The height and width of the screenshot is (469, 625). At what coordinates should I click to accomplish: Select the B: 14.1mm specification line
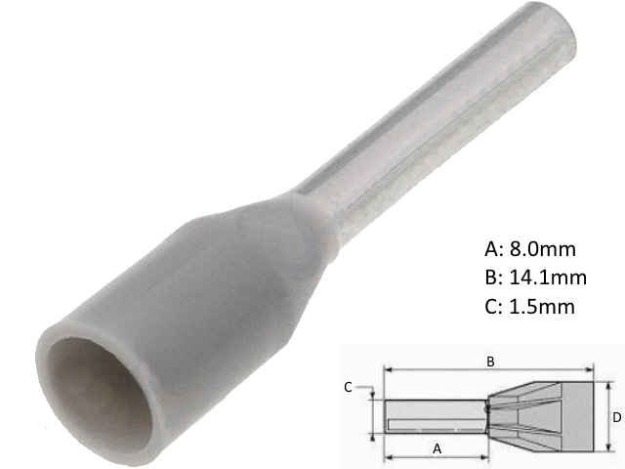pos(535,277)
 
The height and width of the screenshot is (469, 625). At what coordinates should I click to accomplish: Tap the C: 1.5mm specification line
pos(529,307)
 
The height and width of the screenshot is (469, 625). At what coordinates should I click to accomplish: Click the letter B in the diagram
pos(491,362)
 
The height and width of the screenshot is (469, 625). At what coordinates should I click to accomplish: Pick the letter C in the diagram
pos(349,387)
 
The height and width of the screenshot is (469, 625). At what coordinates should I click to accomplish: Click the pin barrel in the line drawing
pos(435,416)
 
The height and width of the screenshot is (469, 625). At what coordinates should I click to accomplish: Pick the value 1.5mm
pos(541,307)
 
